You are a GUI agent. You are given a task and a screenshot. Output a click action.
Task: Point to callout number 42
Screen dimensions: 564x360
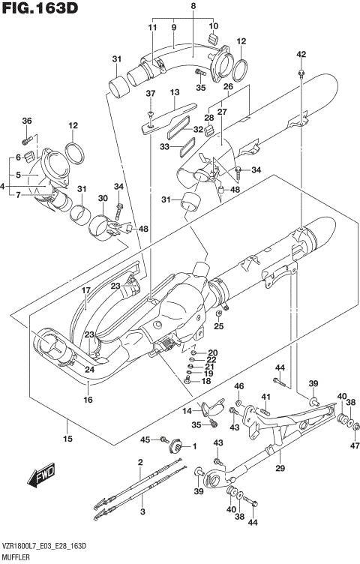[301, 54]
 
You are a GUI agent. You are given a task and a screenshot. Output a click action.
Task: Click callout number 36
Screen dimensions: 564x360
[27, 121]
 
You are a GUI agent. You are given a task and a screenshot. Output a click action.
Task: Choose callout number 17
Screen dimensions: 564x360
[85, 290]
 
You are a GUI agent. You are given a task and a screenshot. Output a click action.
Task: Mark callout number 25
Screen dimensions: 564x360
[218, 325]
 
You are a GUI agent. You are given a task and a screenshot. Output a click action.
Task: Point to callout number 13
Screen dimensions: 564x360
[175, 92]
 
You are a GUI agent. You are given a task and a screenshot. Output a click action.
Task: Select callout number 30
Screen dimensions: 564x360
[102, 197]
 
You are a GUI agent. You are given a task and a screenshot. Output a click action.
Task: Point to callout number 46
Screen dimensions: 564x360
[239, 386]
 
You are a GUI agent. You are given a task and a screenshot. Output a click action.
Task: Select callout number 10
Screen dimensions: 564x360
[213, 26]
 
